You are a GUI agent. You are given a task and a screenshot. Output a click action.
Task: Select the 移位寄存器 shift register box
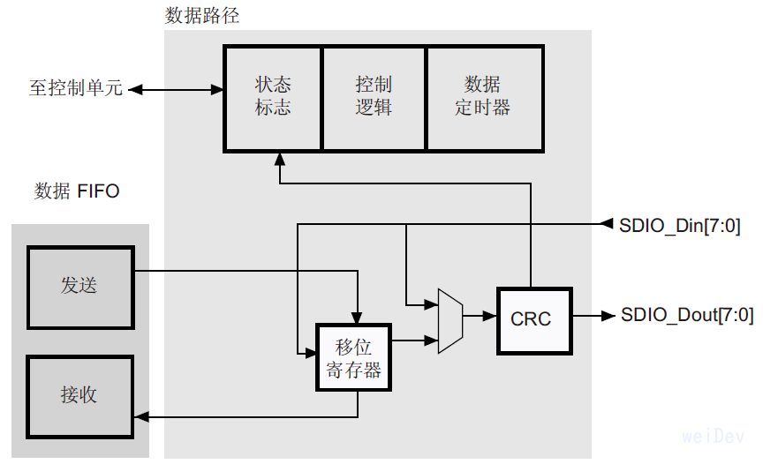(353, 358)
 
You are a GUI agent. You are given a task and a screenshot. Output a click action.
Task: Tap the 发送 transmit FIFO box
(79, 286)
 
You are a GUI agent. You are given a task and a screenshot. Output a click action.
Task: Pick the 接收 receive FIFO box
(79, 395)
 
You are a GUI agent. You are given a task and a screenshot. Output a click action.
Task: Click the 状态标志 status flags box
(273, 96)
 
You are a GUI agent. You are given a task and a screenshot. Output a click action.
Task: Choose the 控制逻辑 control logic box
(374, 96)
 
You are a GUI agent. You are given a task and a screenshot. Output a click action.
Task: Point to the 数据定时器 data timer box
(482, 96)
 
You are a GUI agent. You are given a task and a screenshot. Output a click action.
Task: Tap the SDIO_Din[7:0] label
(678, 224)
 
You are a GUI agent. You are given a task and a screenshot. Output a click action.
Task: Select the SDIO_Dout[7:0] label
(686, 315)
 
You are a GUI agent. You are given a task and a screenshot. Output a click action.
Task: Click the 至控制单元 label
(75, 89)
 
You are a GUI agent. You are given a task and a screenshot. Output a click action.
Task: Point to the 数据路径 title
(202, 15)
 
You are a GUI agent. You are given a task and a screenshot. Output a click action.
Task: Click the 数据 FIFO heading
(77, 191)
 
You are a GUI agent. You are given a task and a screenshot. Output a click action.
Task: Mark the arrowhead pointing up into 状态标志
(279, 160)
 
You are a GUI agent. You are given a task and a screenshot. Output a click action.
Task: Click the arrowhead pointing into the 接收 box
(143, 415)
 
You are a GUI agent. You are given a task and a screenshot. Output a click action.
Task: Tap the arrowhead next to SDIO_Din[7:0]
(607, 224)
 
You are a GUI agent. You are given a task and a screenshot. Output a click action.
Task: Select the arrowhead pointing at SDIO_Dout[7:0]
(608, 315)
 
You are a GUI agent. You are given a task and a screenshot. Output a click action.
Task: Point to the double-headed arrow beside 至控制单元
(177, 89)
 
